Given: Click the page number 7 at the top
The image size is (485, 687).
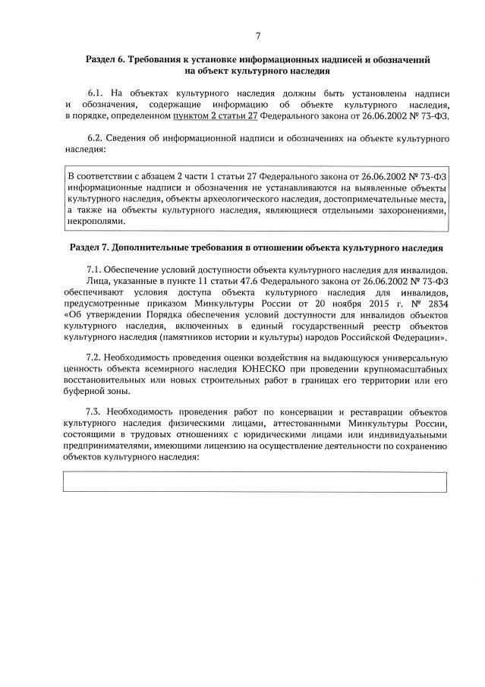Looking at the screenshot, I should click(258, 35).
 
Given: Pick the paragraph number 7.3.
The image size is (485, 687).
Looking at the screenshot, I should click(97, 411).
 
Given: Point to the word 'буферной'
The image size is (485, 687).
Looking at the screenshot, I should click(84, 392).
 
